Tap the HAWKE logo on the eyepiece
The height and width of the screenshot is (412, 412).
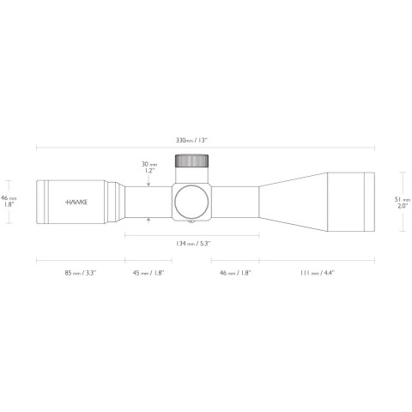click(77, 203)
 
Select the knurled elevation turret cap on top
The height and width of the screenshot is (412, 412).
click(191, 162)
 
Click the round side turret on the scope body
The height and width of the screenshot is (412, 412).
click(191, 203)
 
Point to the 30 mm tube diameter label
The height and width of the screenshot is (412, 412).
click(149, 162)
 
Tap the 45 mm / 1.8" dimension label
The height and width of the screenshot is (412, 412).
click(148, 272)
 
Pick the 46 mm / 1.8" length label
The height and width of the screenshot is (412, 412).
click(234, 272)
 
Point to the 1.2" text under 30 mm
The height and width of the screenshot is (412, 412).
click(149, 170)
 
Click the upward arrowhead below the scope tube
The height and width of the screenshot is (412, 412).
click(149, 221)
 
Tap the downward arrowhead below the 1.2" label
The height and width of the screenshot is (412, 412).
click(149, 183)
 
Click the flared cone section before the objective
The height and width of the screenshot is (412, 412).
click(292, 203)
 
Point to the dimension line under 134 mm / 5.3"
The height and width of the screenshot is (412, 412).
click(191, 234)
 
